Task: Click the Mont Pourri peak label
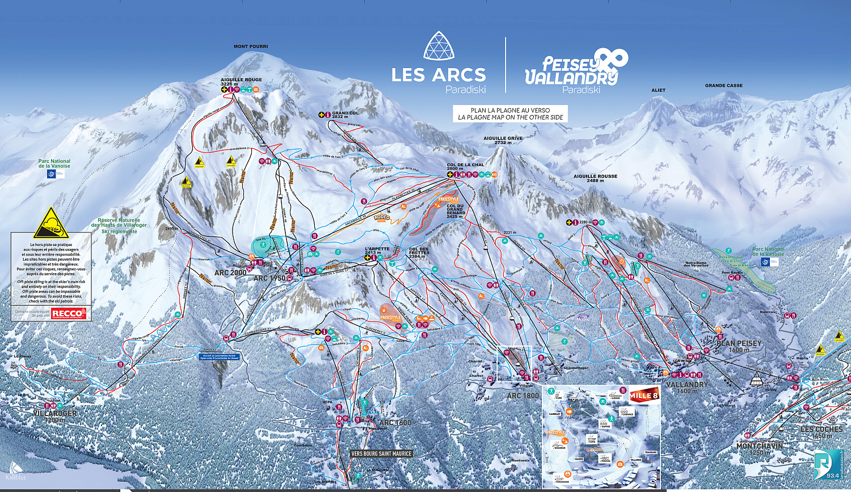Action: point(251,46)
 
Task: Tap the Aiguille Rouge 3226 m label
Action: point(241,82)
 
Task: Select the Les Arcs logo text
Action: point(439,75)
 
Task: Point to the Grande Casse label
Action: point(723,86)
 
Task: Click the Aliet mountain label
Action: point(658,90)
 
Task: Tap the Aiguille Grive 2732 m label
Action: point(503,140)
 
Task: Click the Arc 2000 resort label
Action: point(230,273)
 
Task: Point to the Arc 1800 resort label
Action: point(523,396)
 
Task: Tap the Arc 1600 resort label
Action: point(395,423)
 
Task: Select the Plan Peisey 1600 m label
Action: point(739,346)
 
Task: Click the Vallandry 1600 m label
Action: point(686,387)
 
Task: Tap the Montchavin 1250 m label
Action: point(759,448)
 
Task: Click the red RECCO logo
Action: point(69,313)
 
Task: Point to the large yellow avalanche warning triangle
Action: point(51,223)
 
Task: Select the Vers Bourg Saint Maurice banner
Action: point(381,453)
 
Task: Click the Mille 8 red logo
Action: point(643,396)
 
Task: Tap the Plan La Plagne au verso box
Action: point(510,114)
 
